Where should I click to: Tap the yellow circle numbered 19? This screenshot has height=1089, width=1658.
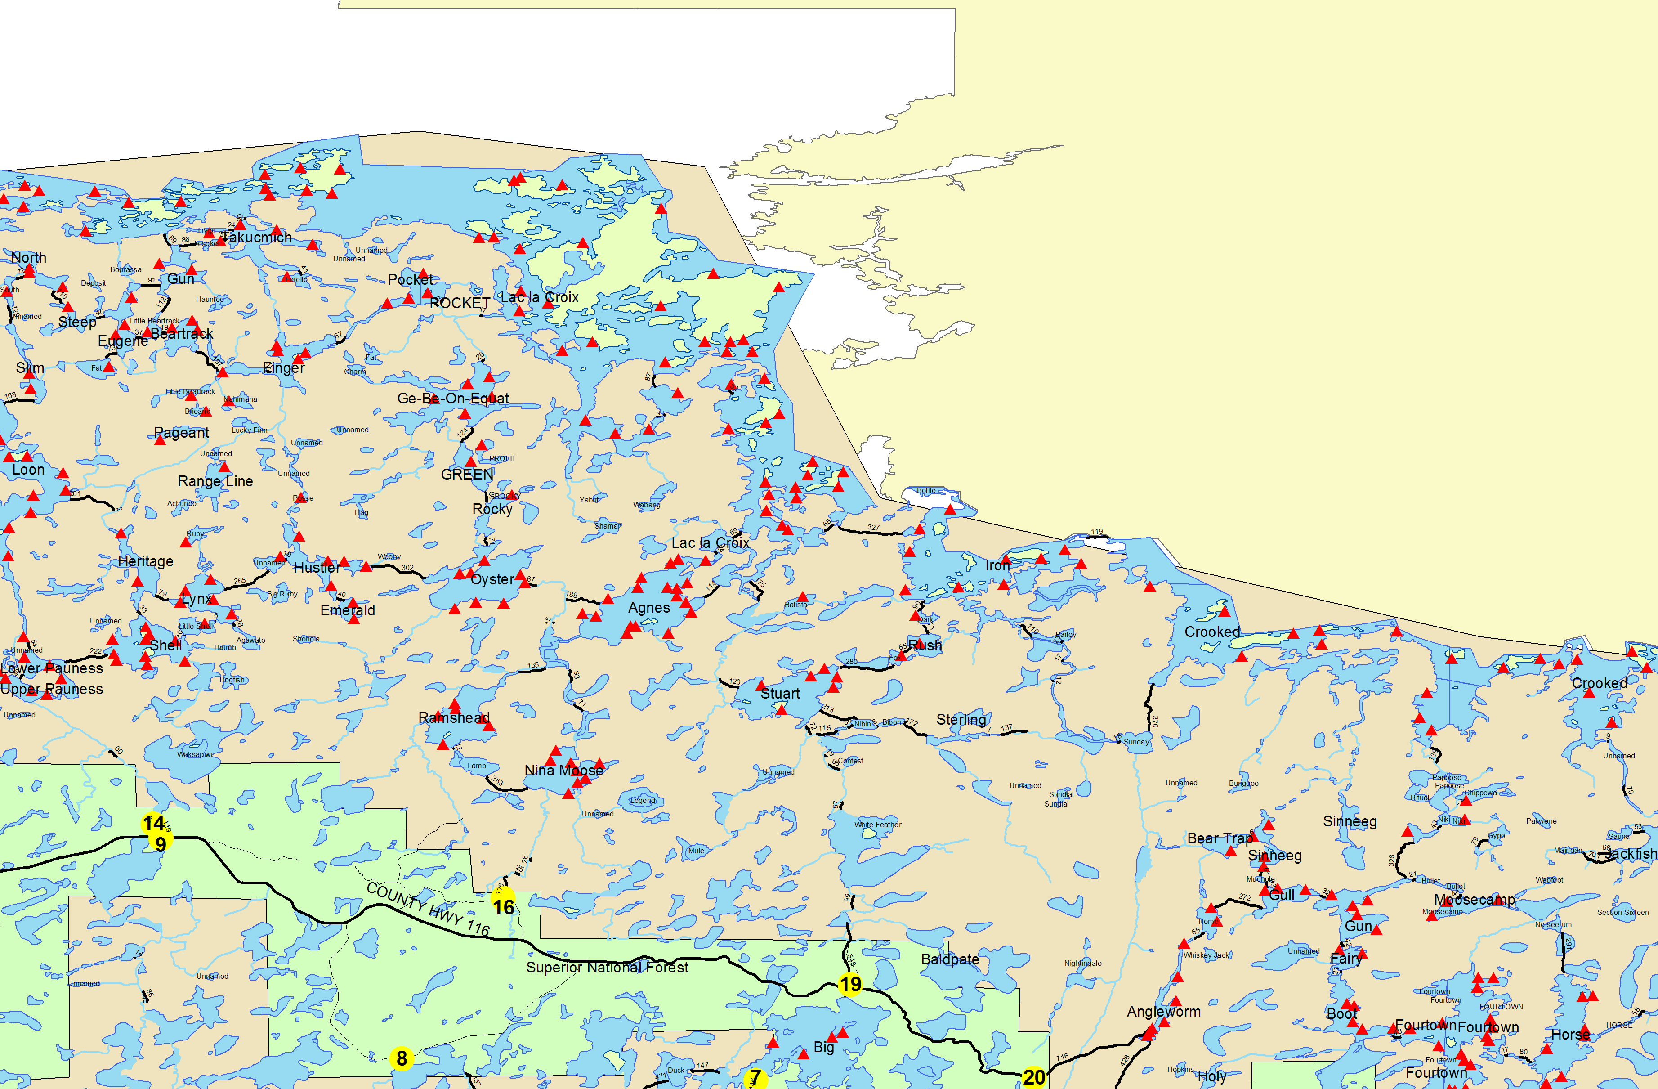(850, 984)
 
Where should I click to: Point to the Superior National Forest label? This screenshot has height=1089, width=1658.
(607, 967)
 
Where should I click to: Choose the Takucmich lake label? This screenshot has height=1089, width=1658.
(257, 238)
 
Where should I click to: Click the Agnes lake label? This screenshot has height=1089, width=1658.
(648, 608)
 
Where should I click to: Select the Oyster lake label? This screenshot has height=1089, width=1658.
(492, 579)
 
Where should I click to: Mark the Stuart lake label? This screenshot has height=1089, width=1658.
(780, 693)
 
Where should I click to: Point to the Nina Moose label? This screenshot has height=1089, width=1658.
(563, 770)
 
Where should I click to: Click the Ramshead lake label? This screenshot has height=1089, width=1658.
(454, 717)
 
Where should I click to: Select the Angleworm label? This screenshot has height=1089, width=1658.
(1163, 1012)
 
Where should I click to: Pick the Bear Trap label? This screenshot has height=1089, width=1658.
(1219, 838)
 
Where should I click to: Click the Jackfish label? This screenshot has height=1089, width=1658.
(1630, 853)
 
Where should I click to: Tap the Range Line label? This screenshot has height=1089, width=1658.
(215, 481)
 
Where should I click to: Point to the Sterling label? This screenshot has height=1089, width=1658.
(961, 719)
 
